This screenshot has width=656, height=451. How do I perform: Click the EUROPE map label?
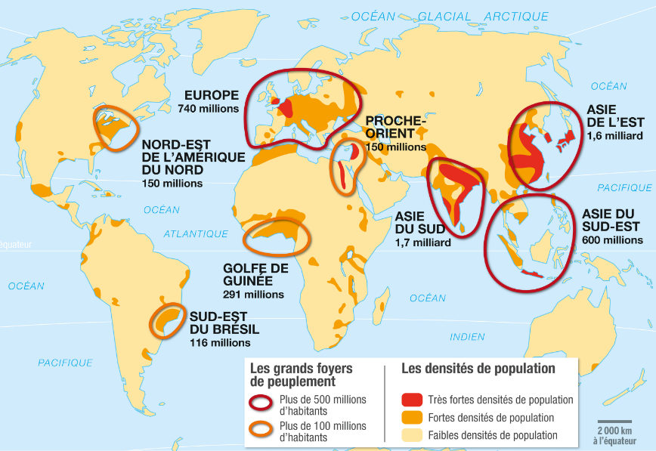212,95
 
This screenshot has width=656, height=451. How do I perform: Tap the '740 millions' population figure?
209,109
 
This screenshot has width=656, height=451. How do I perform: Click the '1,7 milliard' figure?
422,242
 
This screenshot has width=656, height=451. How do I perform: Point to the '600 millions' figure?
612,240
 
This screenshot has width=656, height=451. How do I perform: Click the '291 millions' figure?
253,295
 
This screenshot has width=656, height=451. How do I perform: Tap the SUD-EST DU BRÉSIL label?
224,323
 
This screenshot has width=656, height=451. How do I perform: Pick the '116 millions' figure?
220,342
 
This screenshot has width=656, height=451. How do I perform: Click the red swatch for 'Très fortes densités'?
412,400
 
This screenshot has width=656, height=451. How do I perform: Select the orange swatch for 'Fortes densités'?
412,417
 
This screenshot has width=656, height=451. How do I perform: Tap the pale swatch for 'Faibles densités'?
412,434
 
